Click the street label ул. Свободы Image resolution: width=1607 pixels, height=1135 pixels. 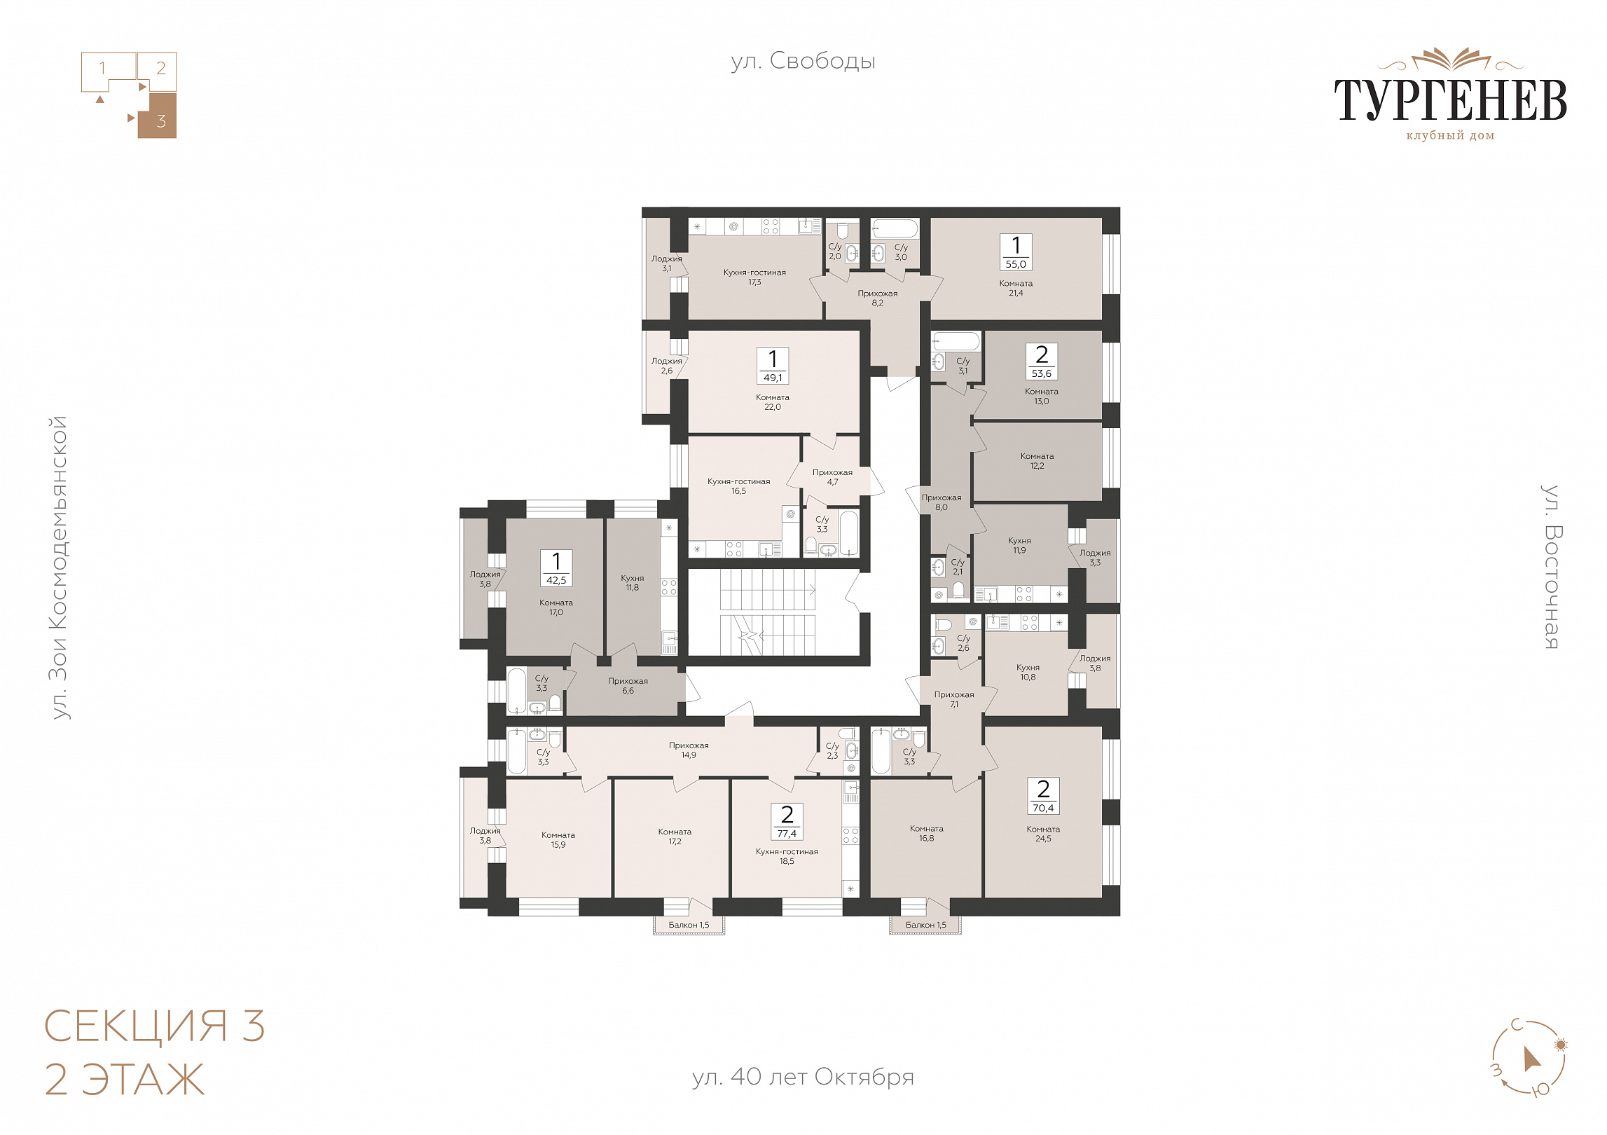pyautogui.click(x=803, y=62)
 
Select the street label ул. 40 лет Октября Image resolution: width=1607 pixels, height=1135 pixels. pyautogui.click(x=803, y=1076)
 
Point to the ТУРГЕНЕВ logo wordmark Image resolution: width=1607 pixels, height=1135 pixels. pyautogui.click(x=1450, y=99)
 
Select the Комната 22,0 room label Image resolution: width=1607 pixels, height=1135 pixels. pyautogui.click(x=772, y=402)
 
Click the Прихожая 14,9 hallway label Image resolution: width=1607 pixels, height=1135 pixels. pyautogui.click(x=689, y=750)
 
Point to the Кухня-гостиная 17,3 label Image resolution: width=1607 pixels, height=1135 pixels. pyautogui.click(x=754, y=277)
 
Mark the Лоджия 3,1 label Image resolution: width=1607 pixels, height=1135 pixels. pyautogui.click(x=666, y=263)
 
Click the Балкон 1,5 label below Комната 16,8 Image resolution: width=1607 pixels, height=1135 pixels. pyautogui.click(x=925, y=925)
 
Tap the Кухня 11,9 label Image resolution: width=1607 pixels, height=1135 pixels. pyautogui.click(x=1019, y=546)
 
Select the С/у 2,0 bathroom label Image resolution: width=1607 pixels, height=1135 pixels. pyautogui.click(x=835, y=252)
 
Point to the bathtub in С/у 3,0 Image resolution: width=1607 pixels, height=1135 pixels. pyautogui.click(x=895, y=229)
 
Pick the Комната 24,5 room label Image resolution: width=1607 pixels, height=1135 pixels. pyautogui.click(x=1043, y=834)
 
